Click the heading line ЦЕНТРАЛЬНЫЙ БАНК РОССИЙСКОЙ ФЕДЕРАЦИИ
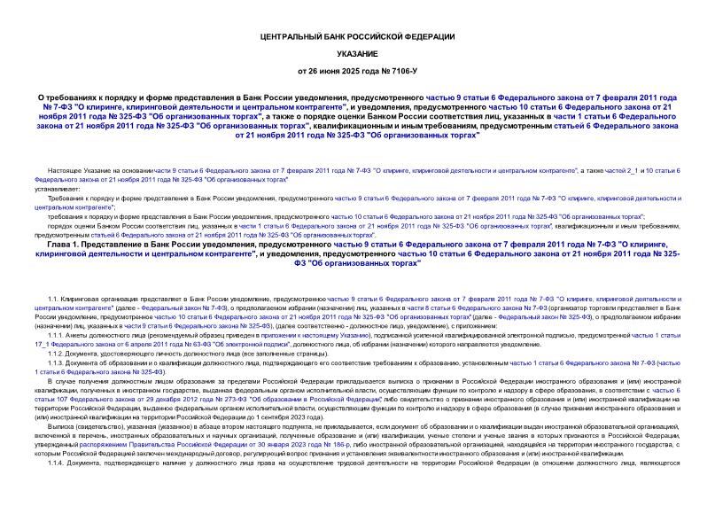(358, 36)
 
